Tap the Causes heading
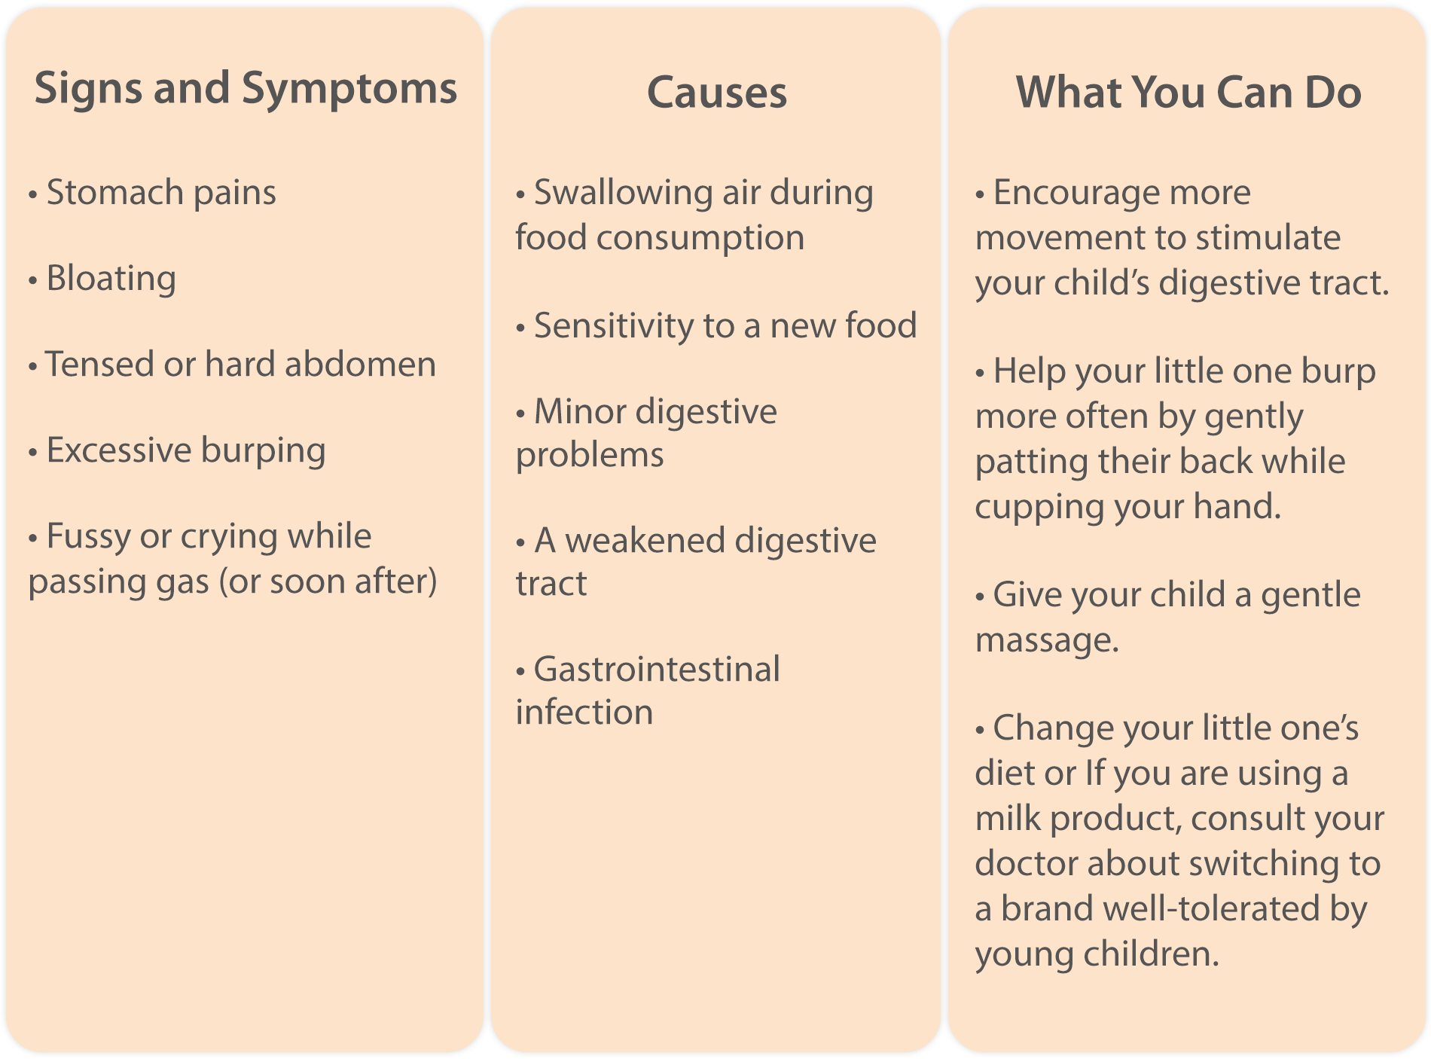coord(717,93)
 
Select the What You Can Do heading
coord(1188,92)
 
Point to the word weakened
coord(645,540)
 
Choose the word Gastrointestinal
coord(657,669)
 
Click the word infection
coord(584,712)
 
